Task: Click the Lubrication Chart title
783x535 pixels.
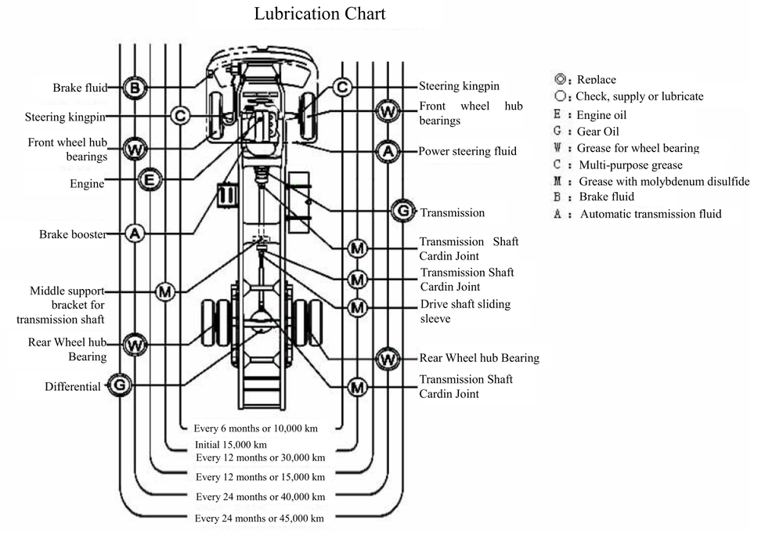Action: [x=319, y=14]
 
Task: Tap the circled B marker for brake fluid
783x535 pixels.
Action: [x=135, y=88]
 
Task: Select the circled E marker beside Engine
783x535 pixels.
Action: [x=150, y=181]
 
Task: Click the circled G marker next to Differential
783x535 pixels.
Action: [x=119, y=385]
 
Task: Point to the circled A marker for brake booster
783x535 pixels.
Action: [x=135, y=233]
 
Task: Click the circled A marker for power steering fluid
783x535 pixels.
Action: [x=388, y=150]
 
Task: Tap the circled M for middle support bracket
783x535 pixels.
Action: [x=165, y=291]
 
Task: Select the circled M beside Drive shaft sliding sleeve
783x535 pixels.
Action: [x=358, y=308]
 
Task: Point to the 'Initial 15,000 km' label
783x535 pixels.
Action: [x=230, y=444]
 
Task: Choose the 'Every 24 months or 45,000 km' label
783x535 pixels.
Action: [x=260, y=519]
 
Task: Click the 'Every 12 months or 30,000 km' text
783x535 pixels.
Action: [x=261, y=457]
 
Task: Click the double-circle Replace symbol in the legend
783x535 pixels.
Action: [x=559, y=79]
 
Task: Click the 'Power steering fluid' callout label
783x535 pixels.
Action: [x=467, y=151]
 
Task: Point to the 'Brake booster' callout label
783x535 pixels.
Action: [x=73, y=234]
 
